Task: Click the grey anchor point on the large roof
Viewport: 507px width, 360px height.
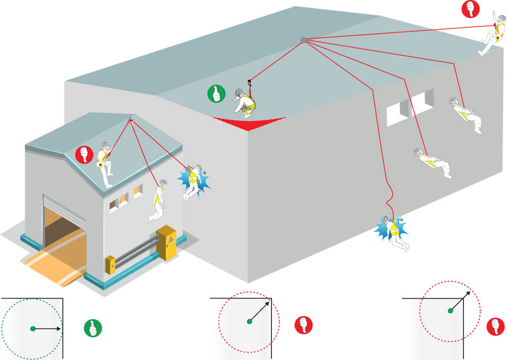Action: click(x=304, y=40)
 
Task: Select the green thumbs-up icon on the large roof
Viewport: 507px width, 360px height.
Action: click(x=216, y=94)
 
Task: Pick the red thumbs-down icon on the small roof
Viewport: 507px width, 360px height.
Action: click(x=84, y=154)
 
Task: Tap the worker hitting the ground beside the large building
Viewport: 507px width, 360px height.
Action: click(x=395, y=232)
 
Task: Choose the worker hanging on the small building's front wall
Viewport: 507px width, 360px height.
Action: click(x=158, y=201)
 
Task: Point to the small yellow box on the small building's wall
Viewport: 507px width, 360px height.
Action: click(x=110, y=264)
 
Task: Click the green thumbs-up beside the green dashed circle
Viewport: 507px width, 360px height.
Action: click(x=93, y=328)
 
